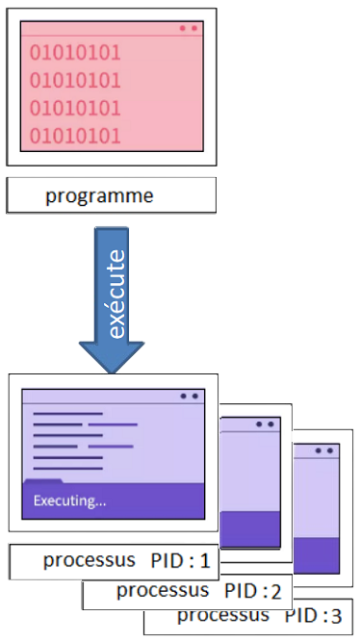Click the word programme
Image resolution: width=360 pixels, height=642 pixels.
99,196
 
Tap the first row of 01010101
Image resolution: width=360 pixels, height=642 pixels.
75,52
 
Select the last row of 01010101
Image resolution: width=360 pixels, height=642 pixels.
75,135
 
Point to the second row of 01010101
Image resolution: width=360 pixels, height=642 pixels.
75,80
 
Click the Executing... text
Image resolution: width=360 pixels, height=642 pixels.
69,501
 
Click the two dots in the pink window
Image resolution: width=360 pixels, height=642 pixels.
188,28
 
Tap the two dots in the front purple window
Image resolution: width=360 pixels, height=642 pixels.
189,396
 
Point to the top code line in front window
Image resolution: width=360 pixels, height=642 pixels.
67,414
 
